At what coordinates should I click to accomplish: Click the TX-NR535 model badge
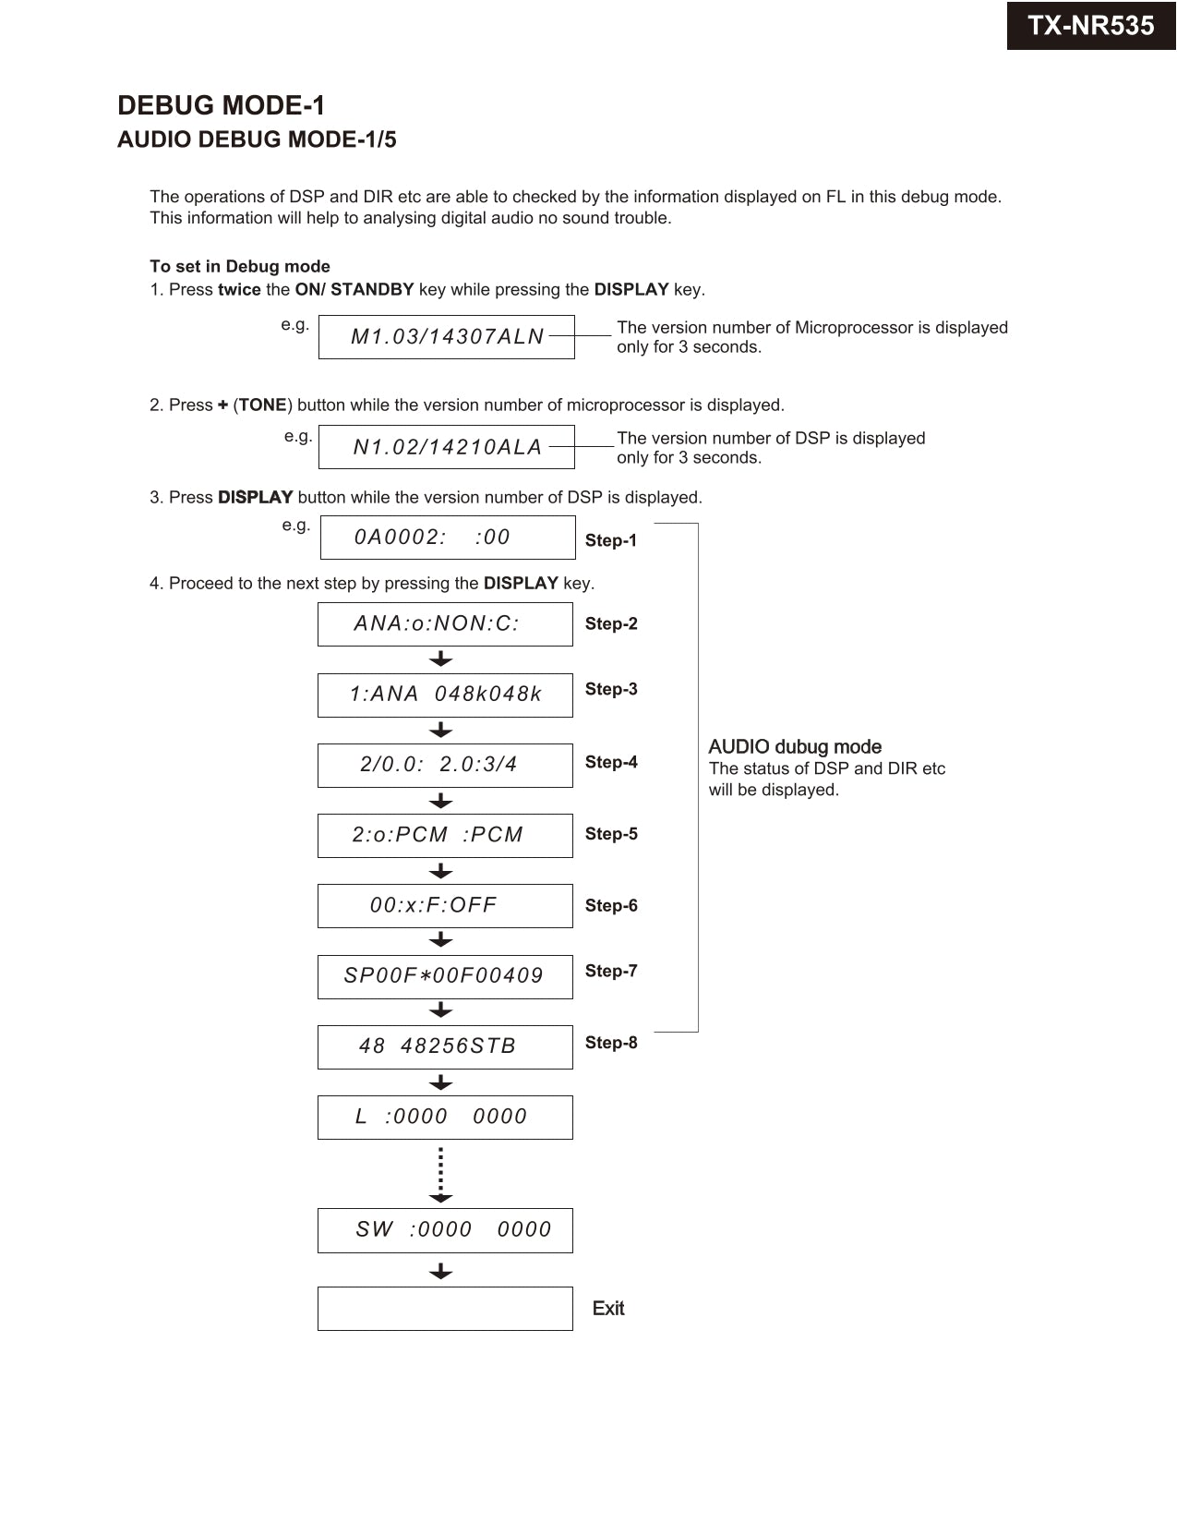click(1090, 26)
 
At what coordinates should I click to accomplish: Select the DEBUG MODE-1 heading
click(221, 105)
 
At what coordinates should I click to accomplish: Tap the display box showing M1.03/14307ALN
click(446, 337)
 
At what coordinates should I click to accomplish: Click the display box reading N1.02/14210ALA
click(446, 447)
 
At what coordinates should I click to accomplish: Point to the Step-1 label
click(610, 540)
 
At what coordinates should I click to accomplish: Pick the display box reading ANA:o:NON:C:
click(445, 624)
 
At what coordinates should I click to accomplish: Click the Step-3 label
click(610, 689)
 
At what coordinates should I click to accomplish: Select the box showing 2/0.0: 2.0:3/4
click(445, 765)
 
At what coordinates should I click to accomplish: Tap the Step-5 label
click(610, 833)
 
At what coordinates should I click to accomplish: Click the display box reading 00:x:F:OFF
click(445, 905)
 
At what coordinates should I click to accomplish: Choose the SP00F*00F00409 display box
click(445, 976)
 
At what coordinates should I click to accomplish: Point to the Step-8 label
click(610, 1042)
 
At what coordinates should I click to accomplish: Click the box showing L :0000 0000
click(445, 1117)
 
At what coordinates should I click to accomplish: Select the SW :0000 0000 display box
click(445, 1229)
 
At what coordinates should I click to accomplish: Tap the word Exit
click(608, 1308)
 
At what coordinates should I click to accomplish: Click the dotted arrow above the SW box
click(441, 1174)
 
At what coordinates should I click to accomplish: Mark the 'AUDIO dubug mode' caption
click(795, 746)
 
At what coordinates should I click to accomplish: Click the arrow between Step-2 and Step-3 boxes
click(441, 659)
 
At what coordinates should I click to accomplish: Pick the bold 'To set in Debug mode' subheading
click(240, 266)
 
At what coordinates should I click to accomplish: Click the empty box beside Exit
click(445, 1308)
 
